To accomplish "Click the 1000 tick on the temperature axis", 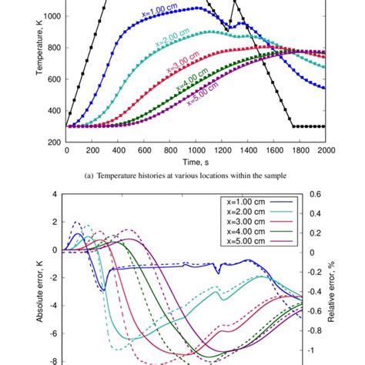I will click(53, 15).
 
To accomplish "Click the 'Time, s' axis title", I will click(196, 162).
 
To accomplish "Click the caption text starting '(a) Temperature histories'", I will click(196, 178).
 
